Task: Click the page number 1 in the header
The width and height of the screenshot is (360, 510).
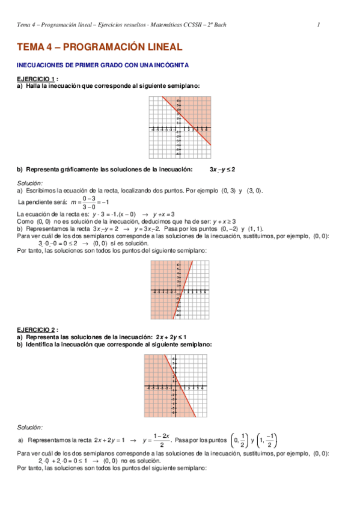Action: pos(318,25)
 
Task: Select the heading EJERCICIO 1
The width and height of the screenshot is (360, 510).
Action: pos(36,79)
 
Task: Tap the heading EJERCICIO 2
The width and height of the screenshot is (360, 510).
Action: pos(36,330)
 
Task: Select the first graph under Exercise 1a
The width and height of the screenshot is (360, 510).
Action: pos(180,128)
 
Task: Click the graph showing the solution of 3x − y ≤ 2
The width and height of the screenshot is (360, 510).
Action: pos(180,290)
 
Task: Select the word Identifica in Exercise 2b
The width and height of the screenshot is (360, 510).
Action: pos(43,344)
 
